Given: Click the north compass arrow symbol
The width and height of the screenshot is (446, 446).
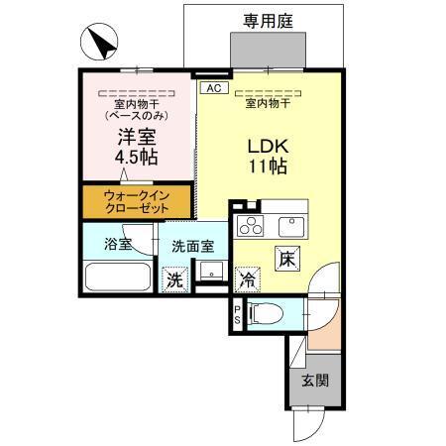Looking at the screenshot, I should [x=100, y=46].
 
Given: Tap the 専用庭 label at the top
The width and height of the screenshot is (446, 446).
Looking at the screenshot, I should [x=268, y=19].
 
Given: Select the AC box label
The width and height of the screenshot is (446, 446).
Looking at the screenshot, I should [x=210, y=88].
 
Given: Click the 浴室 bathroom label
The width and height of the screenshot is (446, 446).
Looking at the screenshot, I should [x=118, y=245].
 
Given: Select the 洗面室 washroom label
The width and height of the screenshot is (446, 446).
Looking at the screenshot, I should [x=192, y=246].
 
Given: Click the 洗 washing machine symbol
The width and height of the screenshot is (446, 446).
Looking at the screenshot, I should [x=174, y=279].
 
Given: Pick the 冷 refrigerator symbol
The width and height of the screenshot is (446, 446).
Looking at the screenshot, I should [x=247, y=280].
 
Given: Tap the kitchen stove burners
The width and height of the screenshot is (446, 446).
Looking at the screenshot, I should [x=251, y=225].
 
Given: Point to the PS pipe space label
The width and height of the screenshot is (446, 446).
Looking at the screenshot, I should [x=237, y=316].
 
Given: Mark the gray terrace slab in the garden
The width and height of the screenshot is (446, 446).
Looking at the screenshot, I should [x=268, y=49].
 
